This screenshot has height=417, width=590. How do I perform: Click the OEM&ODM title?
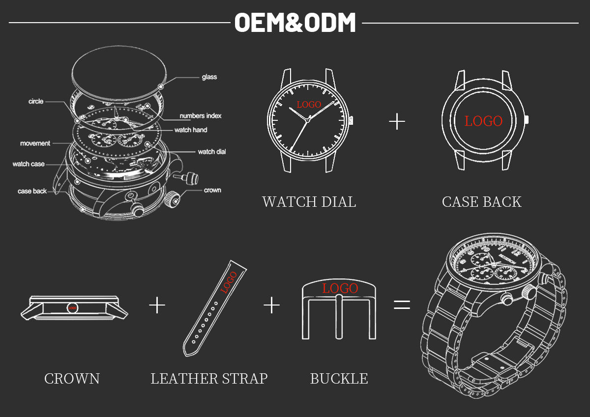click(295, 23)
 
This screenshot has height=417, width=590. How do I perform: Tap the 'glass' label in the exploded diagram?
click(209, 77)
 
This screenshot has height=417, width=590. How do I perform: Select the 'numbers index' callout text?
click(200, 116)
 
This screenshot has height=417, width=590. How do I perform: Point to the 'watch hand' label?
click(191, 130)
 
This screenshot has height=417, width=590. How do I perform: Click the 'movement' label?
click(35, 143)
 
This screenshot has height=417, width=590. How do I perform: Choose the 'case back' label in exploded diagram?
click(32, 191)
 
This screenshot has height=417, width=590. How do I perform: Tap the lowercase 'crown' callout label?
click(212, 190)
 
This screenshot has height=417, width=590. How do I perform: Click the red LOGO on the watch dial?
click(309, 105)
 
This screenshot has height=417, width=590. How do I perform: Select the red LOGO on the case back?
click(483, 121)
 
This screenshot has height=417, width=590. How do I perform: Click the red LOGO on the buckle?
click(340, 288)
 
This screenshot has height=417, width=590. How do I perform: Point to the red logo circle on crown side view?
click(73, 307)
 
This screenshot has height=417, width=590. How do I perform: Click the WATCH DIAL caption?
click(309, 202)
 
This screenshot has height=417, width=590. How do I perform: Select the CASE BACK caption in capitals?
click(481, 202)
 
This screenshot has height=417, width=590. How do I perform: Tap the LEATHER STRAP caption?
click(209, 379)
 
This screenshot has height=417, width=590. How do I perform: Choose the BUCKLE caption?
click(339, 379)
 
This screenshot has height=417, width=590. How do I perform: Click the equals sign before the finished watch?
click(402, 305)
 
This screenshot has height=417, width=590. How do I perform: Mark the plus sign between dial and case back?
click(397, 121)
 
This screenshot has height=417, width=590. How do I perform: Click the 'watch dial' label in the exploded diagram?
click(211, 152)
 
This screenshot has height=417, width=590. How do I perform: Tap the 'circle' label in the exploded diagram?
click(36, 102)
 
